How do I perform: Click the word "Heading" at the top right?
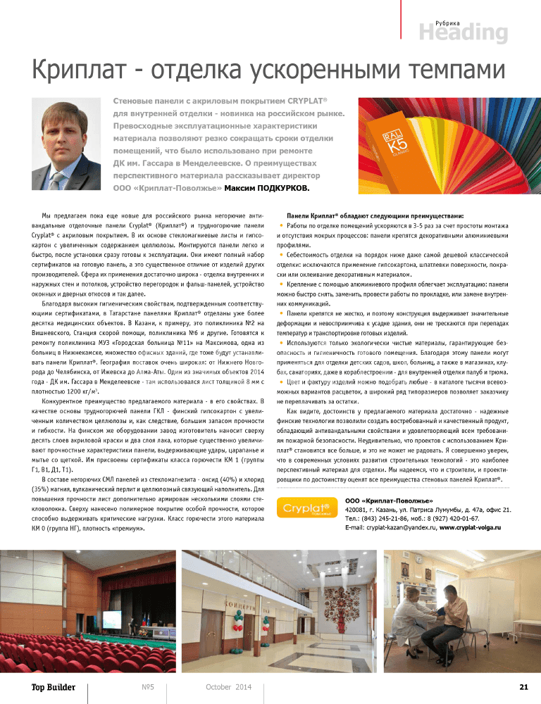tap(464, 33)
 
